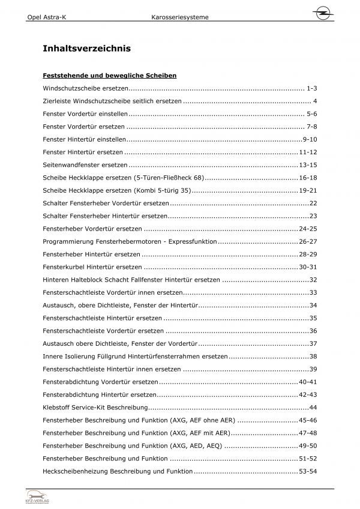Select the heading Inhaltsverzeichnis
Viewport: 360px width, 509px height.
87,48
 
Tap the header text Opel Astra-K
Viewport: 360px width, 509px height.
47,18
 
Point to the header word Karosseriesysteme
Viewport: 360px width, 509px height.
180,18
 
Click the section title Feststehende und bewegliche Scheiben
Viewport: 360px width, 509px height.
109,76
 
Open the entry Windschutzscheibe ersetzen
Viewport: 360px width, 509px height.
86,88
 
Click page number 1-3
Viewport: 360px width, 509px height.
311,88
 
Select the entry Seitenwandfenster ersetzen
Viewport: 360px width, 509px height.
85,164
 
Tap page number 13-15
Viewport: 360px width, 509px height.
307,164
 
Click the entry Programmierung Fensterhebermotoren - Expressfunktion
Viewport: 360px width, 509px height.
130,241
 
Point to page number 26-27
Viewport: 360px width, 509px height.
307,241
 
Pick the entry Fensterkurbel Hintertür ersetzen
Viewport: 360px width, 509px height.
92,267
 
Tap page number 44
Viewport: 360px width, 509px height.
312,408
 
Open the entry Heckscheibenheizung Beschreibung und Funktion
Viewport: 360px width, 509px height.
118,471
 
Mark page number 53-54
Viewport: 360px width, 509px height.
307,471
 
